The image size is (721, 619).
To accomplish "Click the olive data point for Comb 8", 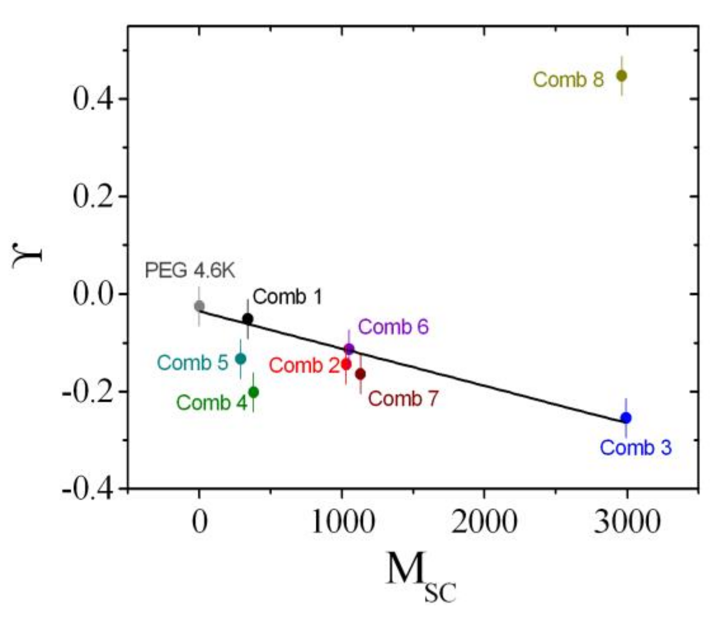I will pyautogui.click(x=621, y=76).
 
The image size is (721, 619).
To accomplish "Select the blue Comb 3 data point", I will pyautogui.click(x=626, y=418).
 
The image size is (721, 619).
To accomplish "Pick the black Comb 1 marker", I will pyautogui.click(x=248, y=319).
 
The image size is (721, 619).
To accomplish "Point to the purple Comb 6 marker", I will pyautogui.click(x=349, y=349).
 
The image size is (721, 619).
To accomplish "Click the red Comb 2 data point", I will pyautogui.click(x=346, y=364).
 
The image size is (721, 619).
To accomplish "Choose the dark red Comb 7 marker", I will pyautogui.click(x=360, y=374).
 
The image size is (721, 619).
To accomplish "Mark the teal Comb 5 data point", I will pyautogui.click(x=240, y=359).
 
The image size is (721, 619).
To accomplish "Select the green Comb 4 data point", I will pyautogui.click(x=253, y=392).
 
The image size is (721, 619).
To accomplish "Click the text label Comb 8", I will pyautogui.click(x=568, y=79).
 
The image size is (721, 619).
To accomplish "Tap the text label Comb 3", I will pyautogui.click(x=635, y=448).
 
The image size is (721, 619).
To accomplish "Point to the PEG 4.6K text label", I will pyautogui.click(x=190, y=271).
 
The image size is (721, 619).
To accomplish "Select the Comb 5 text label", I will pyautogui.click(x=193, y=363).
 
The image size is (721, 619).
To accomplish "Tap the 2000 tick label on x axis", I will pyautogui.click(x=484, y=522).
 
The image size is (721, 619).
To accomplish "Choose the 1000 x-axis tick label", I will pyautogui.click(x=342, y=522).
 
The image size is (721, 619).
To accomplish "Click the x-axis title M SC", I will pyautogui.click(x=420, y=575).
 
